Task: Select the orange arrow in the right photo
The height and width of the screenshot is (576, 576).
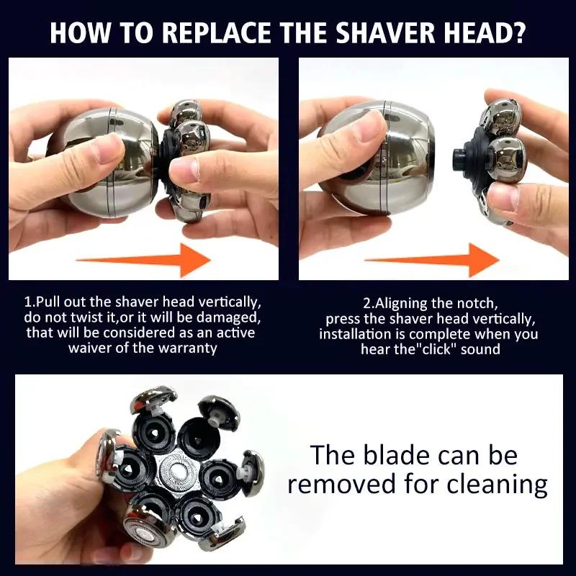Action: pos(433,258)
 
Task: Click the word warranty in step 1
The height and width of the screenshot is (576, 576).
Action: pos(192,348)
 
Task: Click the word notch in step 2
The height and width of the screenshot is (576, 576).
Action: pos(480,304)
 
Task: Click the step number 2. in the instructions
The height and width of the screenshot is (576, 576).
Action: pos(367,304)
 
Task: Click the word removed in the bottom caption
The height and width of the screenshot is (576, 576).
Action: pos(344,484)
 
